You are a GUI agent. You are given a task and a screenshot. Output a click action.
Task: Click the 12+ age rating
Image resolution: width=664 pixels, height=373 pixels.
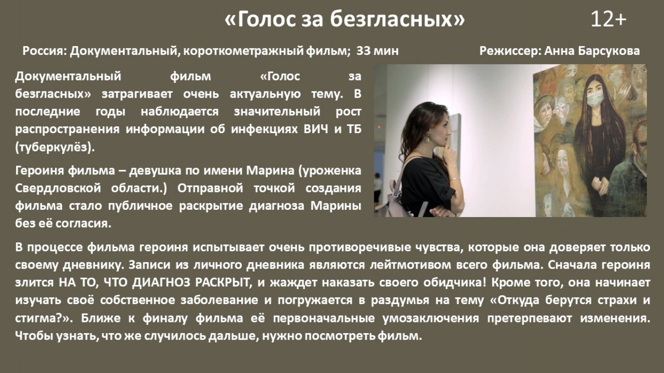coord(609,19)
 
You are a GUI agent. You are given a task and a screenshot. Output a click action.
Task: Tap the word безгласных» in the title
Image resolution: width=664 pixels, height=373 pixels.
coord(397,19)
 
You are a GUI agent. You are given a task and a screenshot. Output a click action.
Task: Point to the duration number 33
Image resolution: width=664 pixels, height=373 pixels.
coord(362,51)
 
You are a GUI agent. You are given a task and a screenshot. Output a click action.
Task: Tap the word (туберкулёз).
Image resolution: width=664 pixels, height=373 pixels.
coord(55,147)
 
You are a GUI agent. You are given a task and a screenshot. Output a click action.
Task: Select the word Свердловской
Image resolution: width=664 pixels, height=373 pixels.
coord(58,188)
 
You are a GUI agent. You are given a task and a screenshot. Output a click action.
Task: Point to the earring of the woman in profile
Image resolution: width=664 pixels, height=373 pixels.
coord(428,138)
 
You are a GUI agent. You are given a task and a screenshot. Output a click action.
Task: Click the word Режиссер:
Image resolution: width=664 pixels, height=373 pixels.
coord(510,51)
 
